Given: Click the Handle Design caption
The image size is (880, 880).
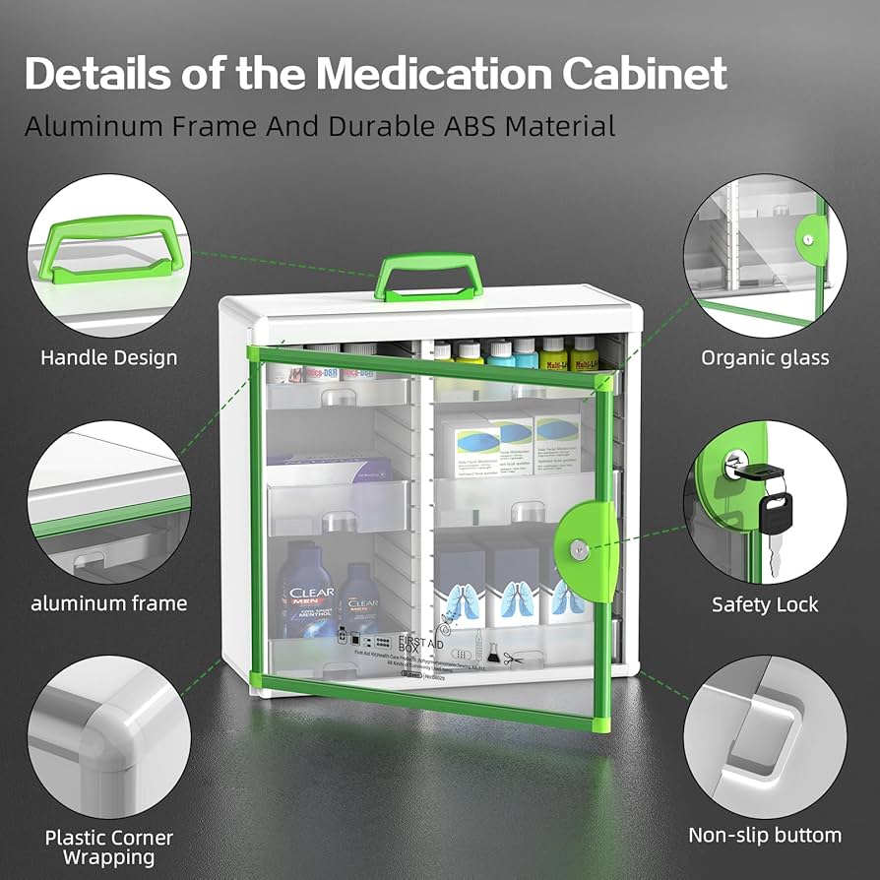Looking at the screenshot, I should (108, 357).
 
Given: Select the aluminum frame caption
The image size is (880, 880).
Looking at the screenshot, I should (108, 603).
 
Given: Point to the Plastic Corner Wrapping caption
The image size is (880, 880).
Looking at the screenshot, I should (108, 847).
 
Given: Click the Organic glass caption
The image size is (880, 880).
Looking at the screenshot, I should (765, 357).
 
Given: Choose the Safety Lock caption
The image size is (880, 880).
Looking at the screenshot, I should (765, 604).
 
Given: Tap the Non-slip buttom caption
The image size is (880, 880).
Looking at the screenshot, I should (765, 836).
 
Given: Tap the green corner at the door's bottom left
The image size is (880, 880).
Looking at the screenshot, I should (258, 679).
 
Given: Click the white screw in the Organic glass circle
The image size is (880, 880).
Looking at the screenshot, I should (808, 240).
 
